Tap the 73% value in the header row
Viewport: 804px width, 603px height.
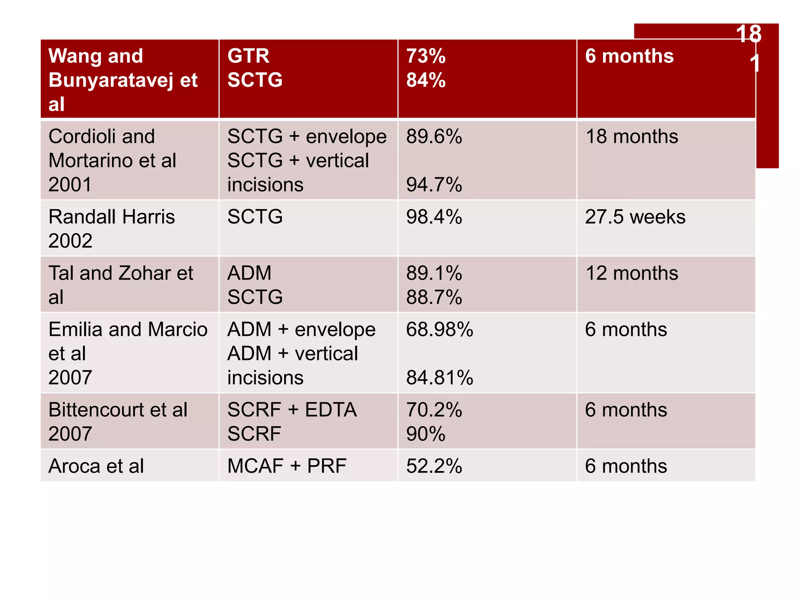[426, 56]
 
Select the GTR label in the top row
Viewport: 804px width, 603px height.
[248, 56]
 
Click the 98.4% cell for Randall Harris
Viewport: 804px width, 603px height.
[434, 217]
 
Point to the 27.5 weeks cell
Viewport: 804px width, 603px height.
[635, 217]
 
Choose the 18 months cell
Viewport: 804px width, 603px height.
[631, 137]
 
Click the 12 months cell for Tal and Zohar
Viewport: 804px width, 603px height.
[631, 273]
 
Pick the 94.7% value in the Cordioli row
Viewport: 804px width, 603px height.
[434, 185]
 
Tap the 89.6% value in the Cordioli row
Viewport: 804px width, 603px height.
[434, 137]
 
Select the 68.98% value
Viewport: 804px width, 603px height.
[439, 329]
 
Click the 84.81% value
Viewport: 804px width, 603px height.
[439, 378]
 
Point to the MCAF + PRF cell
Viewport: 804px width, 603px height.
[287, 466]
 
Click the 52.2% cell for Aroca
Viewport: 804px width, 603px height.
[434, 466]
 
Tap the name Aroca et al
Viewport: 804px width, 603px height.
[96, 466]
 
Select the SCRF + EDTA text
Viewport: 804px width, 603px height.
[292, 410]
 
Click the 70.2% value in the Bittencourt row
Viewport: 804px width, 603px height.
[434, 410]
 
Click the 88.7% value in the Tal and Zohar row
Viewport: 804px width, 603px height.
[434, 297]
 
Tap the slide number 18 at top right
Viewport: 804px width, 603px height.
[748, 34]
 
